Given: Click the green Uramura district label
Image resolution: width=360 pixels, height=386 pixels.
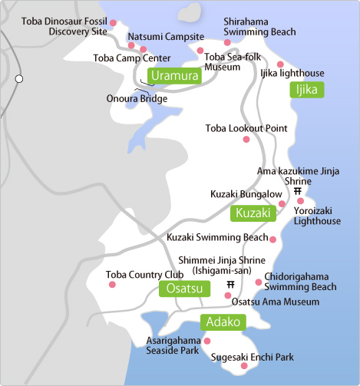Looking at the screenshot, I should point(175,75).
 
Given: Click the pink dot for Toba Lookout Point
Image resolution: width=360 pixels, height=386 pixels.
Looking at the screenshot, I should point(246,140).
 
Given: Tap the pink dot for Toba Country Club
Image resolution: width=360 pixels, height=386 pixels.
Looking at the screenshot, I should point(112,285).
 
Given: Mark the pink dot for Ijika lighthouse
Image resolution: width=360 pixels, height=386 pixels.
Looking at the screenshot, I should point(281,64).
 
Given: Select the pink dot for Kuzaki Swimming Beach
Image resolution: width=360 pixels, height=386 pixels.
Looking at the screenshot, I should point(272,239).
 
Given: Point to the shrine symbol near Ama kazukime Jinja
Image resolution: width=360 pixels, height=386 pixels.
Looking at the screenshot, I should point(298,192).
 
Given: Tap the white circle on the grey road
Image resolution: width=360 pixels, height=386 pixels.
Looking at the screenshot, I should point(20,78).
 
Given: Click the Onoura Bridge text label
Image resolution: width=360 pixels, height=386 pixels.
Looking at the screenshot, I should point(137,98).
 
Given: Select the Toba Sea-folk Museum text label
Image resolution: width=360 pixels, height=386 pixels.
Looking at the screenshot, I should point(233,61).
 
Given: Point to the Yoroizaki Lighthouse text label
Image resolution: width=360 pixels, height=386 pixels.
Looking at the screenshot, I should point(318,216).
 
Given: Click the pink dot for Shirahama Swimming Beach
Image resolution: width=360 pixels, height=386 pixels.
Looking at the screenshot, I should point(227,42).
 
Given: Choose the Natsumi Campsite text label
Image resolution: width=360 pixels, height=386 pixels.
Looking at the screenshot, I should point(166,36).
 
